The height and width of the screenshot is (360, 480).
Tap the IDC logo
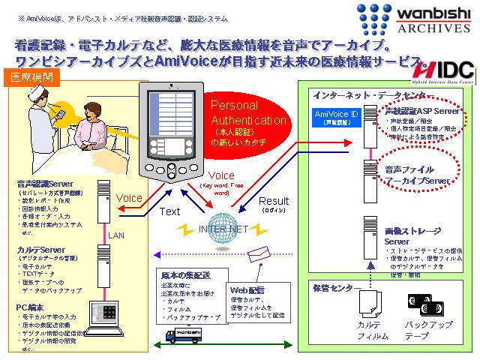(445, 67)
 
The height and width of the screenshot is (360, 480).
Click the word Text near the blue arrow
(169, 212)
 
